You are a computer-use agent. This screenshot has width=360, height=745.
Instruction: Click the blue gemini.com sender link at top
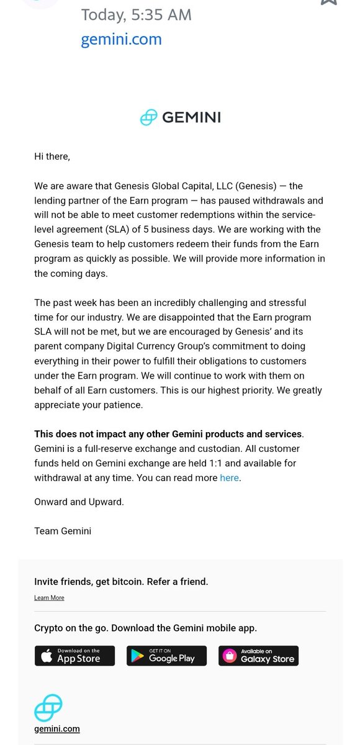click(x=121, y=39)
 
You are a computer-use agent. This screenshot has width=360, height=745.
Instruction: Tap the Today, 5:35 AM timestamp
click(x=136, y=14)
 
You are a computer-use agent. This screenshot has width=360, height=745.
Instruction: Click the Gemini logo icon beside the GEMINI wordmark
click(x=148, y=117)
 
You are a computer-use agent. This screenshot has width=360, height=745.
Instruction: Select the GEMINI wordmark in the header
click(x=191, y=117)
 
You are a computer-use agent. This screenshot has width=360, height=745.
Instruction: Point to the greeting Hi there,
click(x=52, y=156)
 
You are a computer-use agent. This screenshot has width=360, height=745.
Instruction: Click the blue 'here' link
click(x=229, y=478)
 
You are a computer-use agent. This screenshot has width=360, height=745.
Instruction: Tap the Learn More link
click(x=49, y=598)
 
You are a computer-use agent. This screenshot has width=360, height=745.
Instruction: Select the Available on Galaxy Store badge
click(x=258, y=656)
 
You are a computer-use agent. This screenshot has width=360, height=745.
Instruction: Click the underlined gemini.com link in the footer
click(x=56, y=729)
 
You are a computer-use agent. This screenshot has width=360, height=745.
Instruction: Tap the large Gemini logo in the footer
click(x=48, y=708)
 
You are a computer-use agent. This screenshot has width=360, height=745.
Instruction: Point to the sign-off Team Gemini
click(x=63, y=531)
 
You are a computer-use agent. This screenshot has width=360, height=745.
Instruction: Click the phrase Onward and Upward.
click(x=79, y=502)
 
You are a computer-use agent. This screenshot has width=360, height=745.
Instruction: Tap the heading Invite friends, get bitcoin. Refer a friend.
click(x=121, y=582)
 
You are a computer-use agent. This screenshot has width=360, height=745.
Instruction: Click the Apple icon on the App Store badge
click(x=47, y=656)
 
